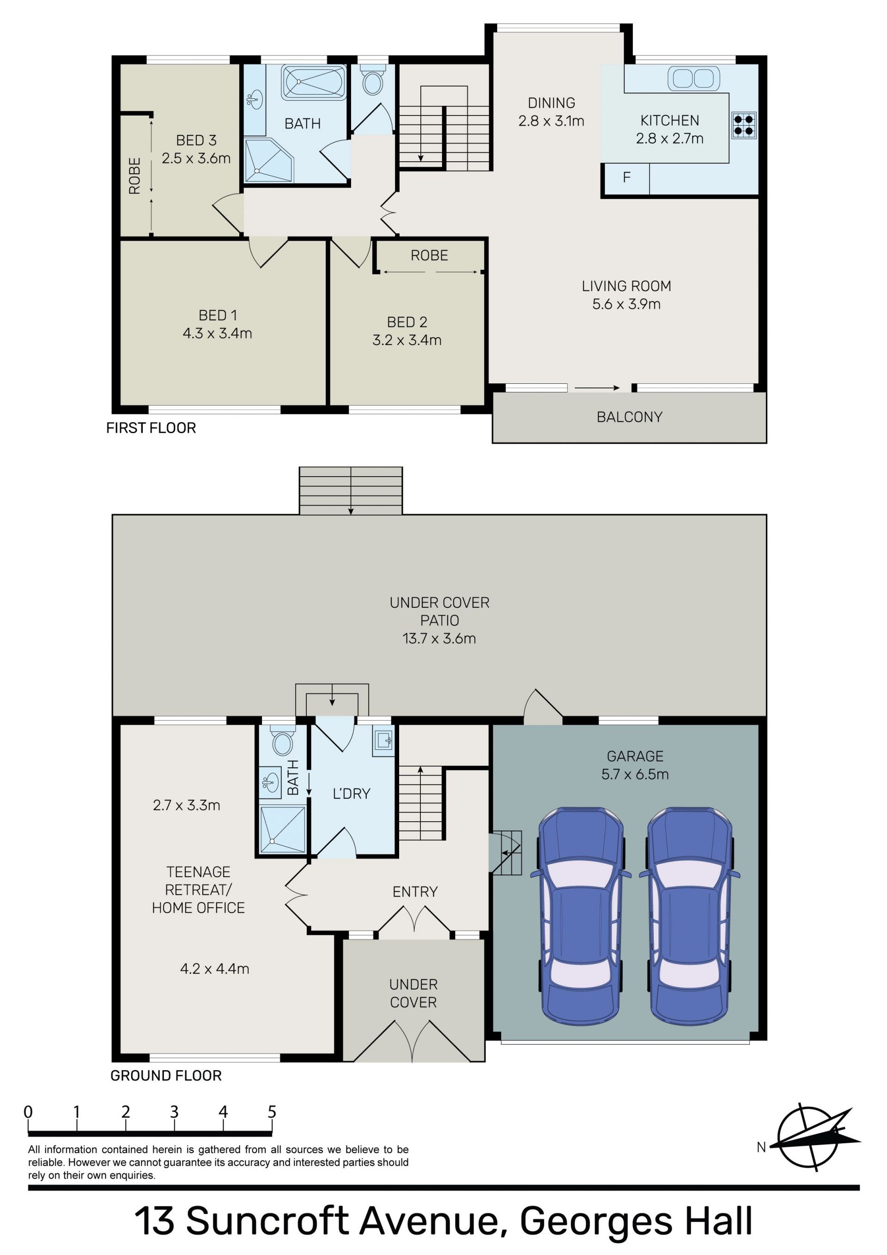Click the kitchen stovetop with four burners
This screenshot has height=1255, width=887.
click(744, 125)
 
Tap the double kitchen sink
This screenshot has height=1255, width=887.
click(693, 78)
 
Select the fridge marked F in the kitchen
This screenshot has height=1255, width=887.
click(626, 178)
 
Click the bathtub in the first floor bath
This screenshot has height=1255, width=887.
click(313, 83)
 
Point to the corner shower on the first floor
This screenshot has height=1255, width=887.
click(268, 161)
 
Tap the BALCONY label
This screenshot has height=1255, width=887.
click(629, 417)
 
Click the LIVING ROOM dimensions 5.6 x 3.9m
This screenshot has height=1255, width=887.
click(626, 304)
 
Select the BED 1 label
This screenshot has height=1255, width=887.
click(218, 315)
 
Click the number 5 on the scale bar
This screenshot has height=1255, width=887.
click(272, 1112)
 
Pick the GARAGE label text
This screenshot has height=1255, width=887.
click(635, 757)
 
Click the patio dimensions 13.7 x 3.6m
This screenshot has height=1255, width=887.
click(439, 638)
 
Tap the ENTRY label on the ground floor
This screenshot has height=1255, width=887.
click(415, 892)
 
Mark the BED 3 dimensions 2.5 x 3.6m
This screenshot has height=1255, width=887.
click(196, 158)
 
